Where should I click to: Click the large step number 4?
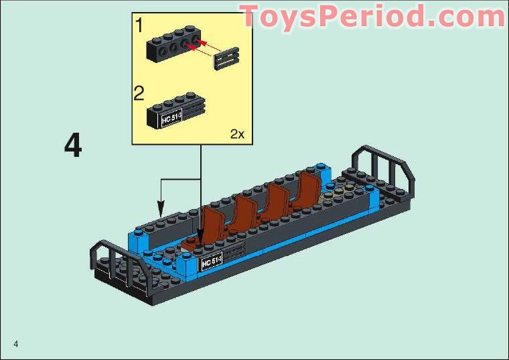tap(73, 146)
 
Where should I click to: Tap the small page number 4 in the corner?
tap(15, 345)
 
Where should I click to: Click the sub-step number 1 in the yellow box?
tap(139, 26)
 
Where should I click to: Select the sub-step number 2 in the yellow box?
tap(139, 93)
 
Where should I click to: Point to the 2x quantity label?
tap(238, 134)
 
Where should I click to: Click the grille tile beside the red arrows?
tap(226, 57)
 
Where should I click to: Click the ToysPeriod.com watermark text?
tap(372, 16)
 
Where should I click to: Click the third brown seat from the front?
tap(277, 201)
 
